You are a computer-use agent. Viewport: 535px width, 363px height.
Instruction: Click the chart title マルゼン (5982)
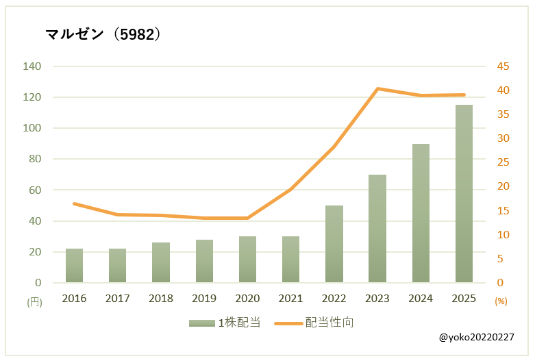[103, 34]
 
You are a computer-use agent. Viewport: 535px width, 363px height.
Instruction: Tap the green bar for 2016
[74, 266]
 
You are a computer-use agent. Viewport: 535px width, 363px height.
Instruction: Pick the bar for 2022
[334, 244]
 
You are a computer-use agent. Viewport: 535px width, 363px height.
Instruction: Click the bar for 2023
[377, 229]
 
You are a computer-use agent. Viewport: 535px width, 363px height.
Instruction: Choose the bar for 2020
[247, 260]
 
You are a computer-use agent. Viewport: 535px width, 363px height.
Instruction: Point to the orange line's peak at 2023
[377, 88]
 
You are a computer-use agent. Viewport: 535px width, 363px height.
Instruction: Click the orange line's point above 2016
[74, 203]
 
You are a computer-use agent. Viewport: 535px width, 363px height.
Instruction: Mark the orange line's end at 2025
[464, 95]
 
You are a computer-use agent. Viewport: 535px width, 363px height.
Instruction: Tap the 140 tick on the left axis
[32, 66]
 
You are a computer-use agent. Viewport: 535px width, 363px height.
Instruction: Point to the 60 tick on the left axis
[35, 190]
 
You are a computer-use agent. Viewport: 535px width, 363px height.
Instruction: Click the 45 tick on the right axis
[503, 66]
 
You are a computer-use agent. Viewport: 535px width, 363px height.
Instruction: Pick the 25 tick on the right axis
[503, 162]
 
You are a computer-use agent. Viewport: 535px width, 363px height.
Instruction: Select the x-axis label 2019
[204, 299]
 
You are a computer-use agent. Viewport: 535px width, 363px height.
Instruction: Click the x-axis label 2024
[421, 299]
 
